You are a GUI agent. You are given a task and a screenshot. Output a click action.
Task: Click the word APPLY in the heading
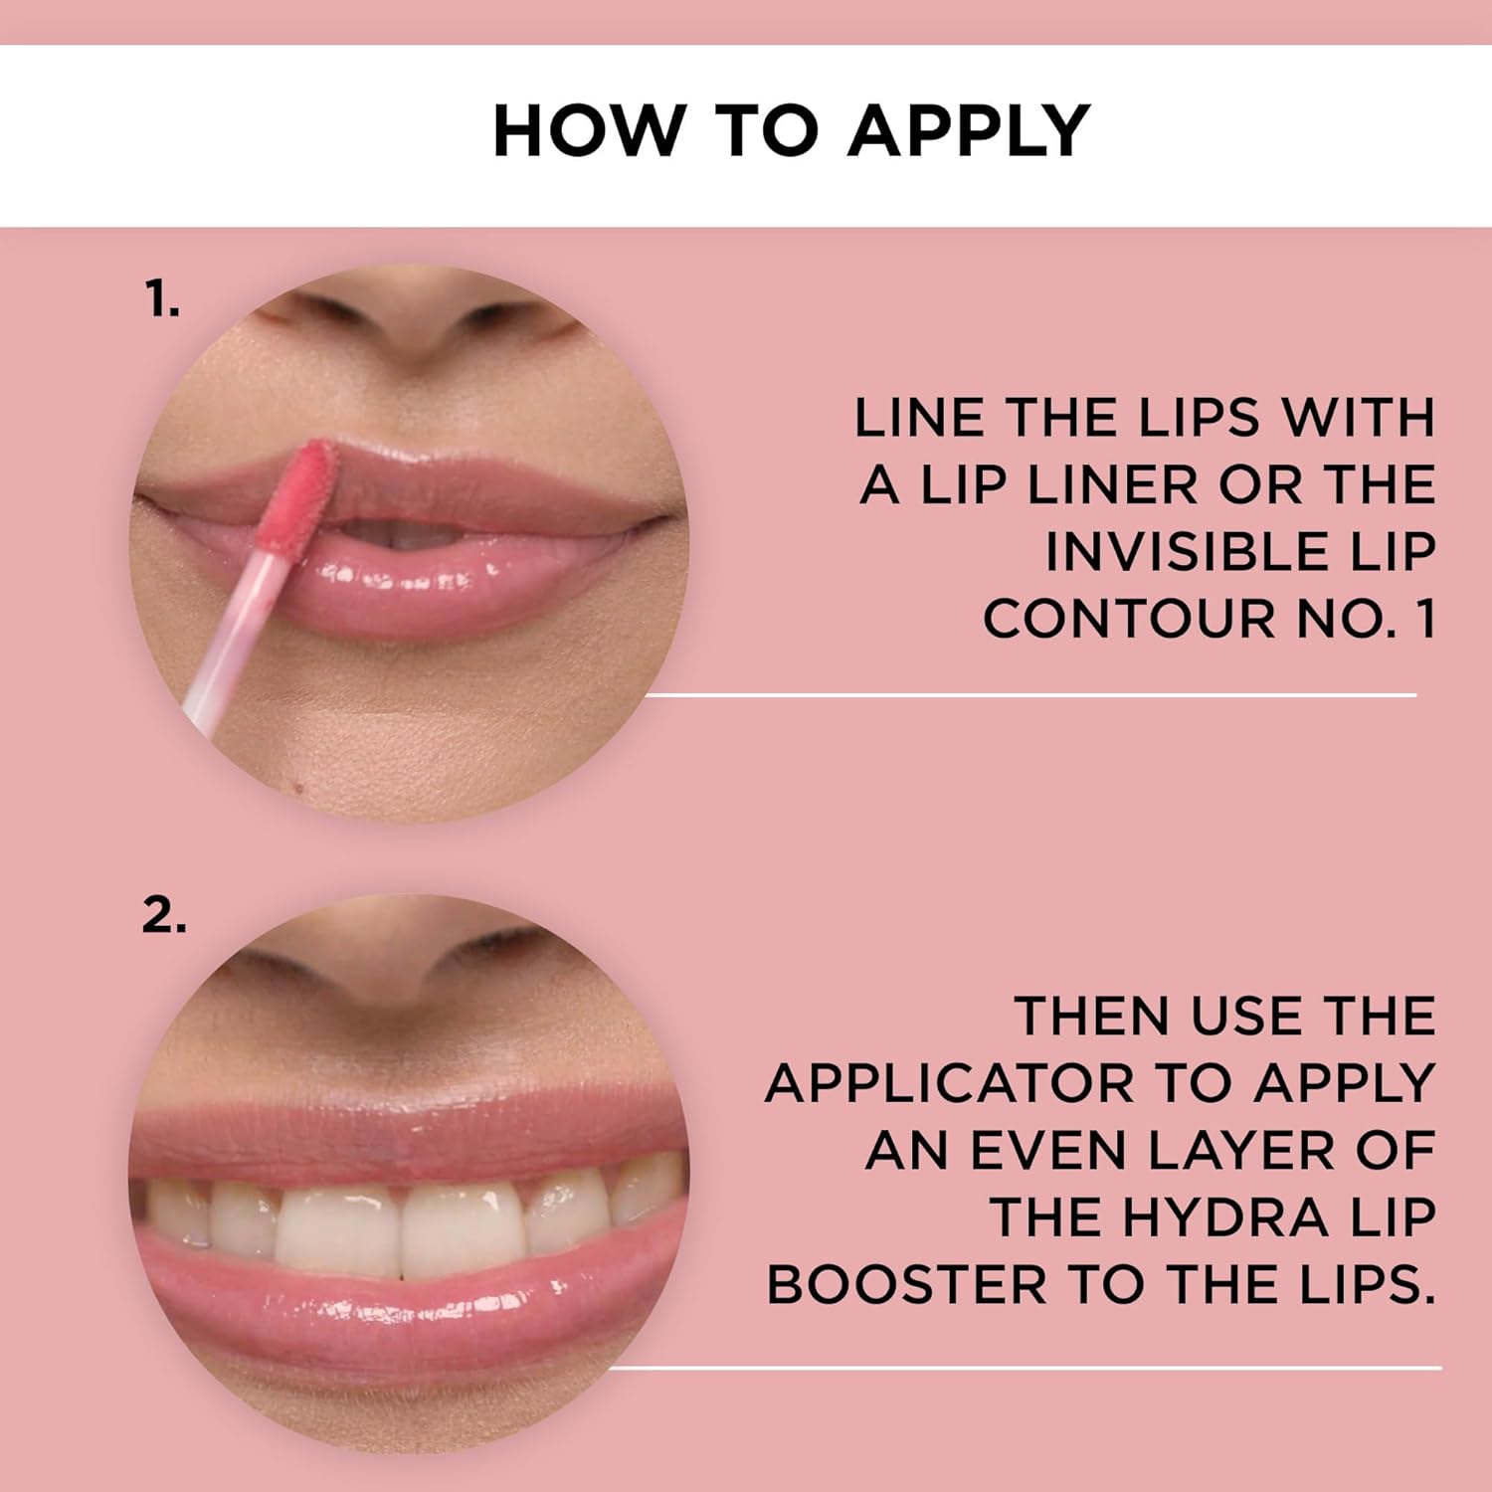(x=970, y=130)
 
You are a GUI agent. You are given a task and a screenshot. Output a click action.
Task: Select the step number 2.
(x=164, y=916)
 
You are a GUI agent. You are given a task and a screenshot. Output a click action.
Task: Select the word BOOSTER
(x=906, y=1284)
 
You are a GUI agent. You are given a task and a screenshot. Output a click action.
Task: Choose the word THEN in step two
(x=1093, y=1017)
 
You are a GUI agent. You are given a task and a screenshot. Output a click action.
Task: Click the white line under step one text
(x=1028, y=695)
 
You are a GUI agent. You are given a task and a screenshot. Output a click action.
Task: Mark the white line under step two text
(x=1025, y=1368)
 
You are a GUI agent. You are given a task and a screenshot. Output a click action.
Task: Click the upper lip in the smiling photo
(x=408, y=1134)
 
